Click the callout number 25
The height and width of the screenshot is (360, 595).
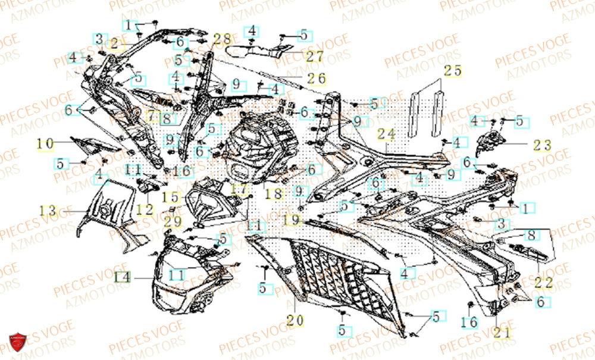453,70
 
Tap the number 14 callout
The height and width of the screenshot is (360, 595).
122,277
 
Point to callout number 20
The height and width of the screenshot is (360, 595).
294,321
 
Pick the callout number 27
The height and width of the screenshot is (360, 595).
315,57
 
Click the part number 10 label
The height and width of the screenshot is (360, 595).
46,143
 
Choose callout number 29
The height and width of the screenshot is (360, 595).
173,221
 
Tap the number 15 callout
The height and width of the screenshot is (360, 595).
170,196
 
